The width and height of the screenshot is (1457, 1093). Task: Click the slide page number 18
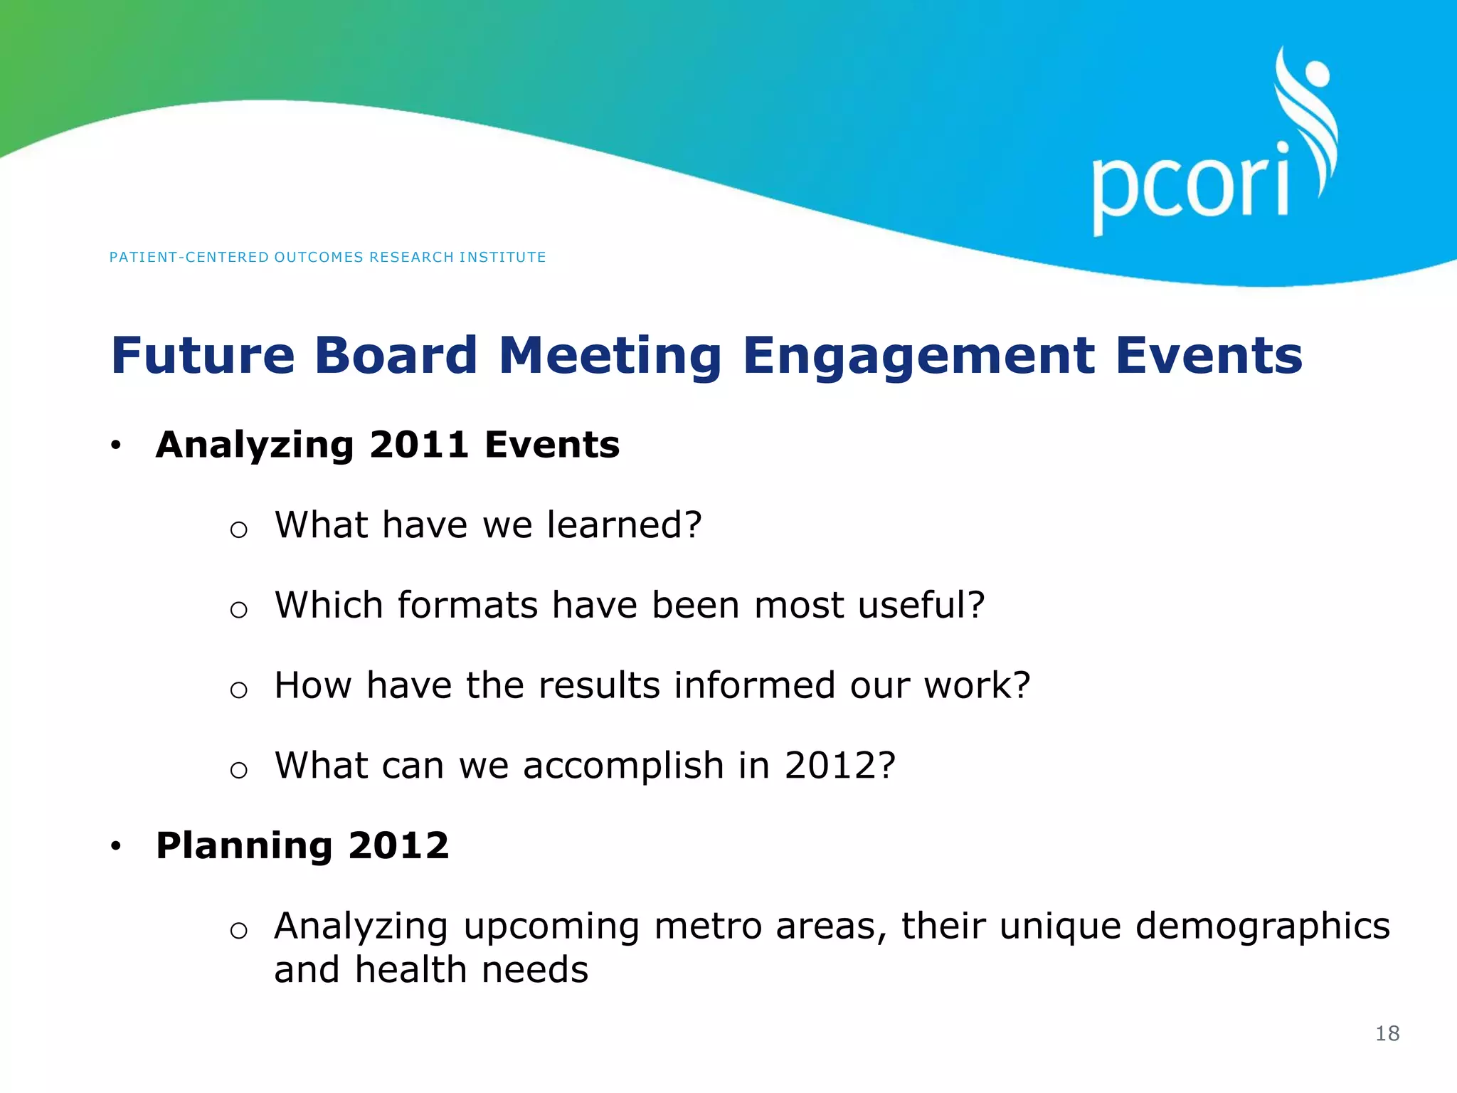tap(1387, 1033)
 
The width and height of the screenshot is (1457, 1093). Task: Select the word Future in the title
tap(203, 355)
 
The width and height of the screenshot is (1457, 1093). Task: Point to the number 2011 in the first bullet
tap(418, 445)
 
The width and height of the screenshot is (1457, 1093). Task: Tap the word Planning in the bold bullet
tap(244, 847)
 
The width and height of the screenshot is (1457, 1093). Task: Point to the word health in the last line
tap(415, 970)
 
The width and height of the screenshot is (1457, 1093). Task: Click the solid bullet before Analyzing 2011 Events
tap(116, 446)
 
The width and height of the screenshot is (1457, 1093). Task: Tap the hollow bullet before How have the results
tap(239, 690)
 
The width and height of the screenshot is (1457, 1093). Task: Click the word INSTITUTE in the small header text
tap(502, 257)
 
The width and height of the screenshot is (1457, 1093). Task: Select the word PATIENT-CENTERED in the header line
tap(189, 257)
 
